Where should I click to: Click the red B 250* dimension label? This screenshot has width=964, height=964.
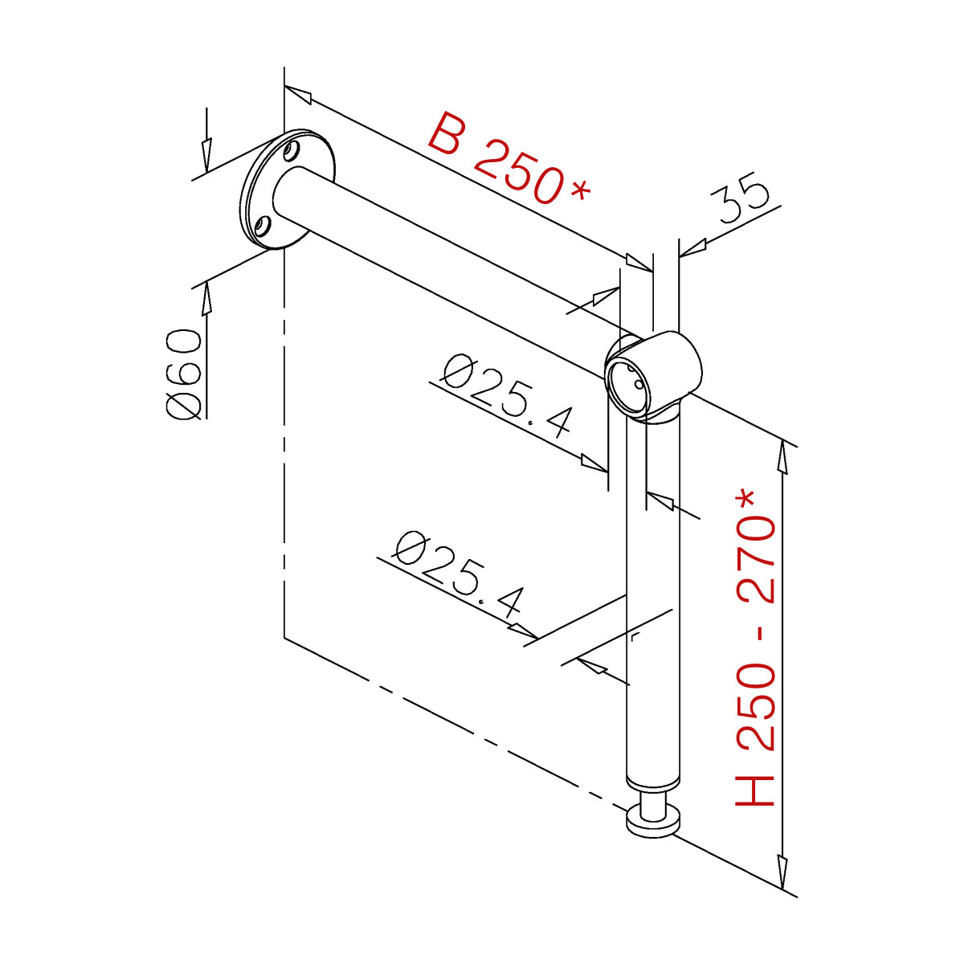click(x=509, y=158)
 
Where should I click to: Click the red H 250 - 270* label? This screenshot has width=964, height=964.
click(x=755, y=655)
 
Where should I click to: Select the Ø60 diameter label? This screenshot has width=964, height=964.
click(x=184, y=374)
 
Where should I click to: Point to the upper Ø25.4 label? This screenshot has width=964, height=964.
click(x=507, y=395)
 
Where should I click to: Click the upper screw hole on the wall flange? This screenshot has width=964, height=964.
click(x=291, y=151)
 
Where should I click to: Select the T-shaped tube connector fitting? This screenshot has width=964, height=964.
click(x=653, y=377)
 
